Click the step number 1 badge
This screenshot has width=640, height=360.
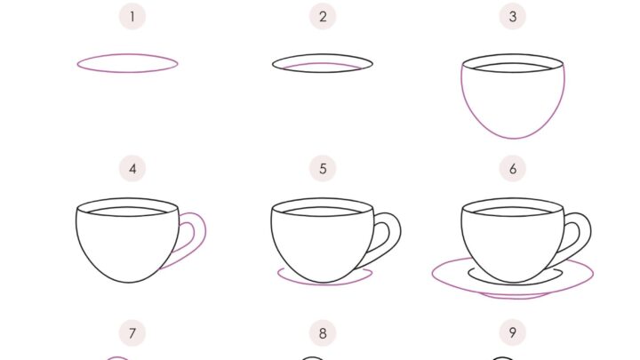(132, 17)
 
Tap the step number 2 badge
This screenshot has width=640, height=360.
(323, 17)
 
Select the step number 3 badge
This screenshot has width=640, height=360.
(513, 17)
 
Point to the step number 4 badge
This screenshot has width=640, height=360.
(132, 169)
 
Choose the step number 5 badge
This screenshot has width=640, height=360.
(323, 169)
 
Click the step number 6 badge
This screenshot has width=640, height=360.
(513, 169)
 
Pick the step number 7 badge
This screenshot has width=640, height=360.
(132, 333)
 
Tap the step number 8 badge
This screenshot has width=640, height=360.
(323, 333)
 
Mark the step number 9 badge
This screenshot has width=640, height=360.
(513, 333)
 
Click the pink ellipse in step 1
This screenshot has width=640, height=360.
(127, 54)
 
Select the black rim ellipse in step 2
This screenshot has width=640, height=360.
(323, 54)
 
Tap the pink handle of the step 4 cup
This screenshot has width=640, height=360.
(205, 231)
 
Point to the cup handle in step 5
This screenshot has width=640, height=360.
(400, 231)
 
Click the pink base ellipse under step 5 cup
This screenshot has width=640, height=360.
(324, 284)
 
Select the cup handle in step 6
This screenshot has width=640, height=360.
(590, 231)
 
